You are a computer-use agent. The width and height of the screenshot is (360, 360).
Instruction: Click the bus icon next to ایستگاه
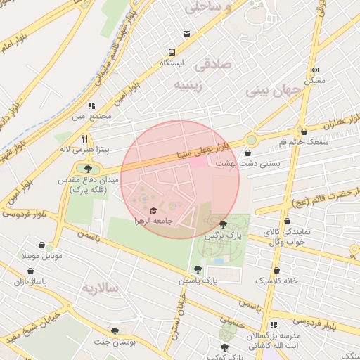[x=172, y=52]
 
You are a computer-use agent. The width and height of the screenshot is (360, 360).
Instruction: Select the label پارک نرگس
[x=219, y=236]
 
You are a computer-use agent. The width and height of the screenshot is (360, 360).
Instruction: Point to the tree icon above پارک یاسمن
[x=197, y=269]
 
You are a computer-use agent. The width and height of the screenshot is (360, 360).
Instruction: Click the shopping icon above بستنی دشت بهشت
[x=247, y=152]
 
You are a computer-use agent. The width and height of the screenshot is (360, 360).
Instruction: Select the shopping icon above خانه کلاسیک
[x=277, y=270]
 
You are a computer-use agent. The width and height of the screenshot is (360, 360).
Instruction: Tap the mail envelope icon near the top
[x=186, y=33]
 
